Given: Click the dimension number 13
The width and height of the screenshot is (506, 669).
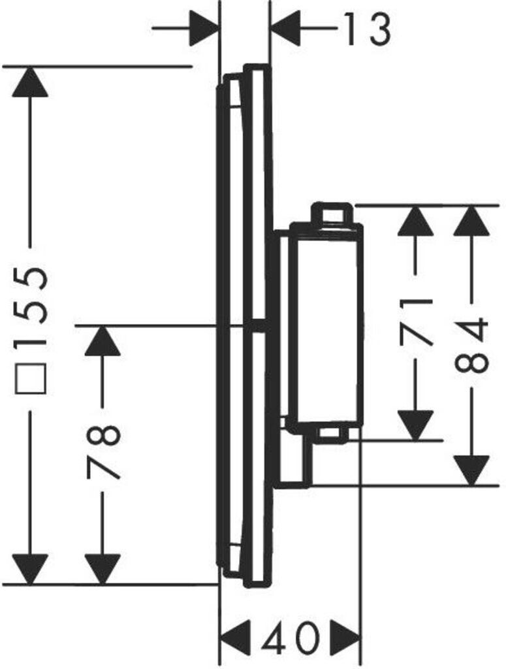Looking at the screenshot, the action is coord(367,29).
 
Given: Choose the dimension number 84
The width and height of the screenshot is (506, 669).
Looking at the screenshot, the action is coord(472,344).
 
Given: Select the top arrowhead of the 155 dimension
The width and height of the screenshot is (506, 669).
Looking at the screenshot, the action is coord(30,82).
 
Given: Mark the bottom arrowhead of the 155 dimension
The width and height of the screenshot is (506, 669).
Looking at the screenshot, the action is coord(30,568).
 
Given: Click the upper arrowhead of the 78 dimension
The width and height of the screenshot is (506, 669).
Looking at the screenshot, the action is coord(103,341).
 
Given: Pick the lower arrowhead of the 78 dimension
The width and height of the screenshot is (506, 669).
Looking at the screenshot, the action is coord(103,568).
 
